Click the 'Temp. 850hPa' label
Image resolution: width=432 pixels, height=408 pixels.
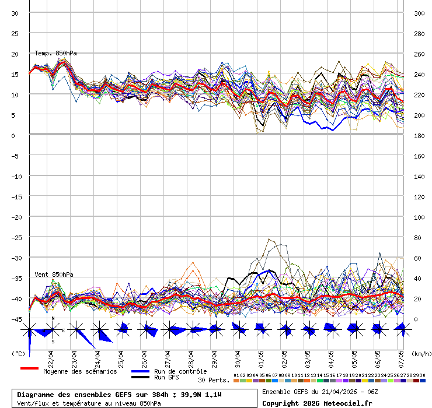(55, 53)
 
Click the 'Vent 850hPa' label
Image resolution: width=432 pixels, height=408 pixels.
(54, 274)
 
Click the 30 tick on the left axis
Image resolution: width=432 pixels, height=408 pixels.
(15, 13)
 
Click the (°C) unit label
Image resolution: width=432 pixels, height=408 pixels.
(18, 353)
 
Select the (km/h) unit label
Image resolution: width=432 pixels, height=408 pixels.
(420, 353)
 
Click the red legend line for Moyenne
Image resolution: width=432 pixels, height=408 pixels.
(29, 368)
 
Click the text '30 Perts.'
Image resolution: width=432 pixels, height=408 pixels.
(214, 380)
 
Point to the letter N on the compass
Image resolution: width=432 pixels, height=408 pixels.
(53, 318)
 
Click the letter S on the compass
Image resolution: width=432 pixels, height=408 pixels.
(53, 342)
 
